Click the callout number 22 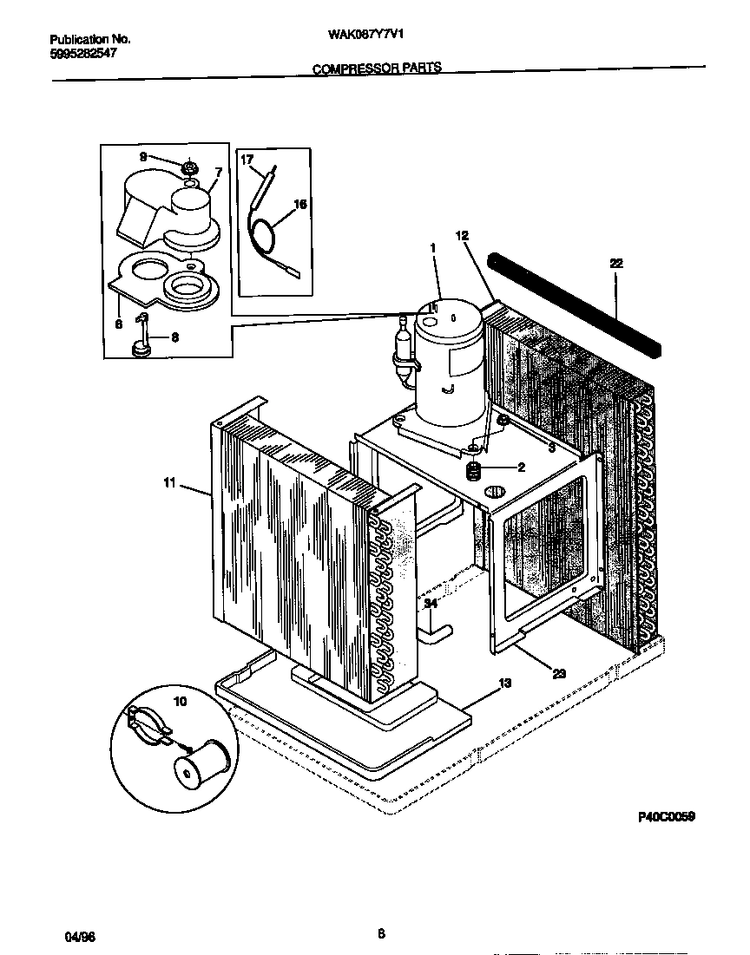coord(616,262)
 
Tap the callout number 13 coord(504,684)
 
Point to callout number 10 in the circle coord(181,701)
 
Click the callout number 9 coord(143,157)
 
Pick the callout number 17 coord(247,160)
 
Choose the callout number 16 coord(300,205)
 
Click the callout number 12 coord(461,235)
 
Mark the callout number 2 coord(521,468)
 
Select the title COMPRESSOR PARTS coord(377,67)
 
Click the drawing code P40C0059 coord(667,817)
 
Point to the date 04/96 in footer coord(77,938)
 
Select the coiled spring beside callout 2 coord(474,472)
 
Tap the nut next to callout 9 coord(191,166)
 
